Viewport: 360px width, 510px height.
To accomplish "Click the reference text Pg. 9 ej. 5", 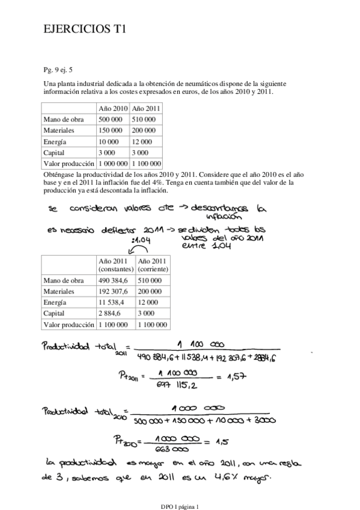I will click(x=61, y=70).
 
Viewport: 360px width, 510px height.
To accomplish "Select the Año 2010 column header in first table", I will click(x=112, y=108).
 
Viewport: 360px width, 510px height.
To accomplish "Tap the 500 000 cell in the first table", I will click(x=111, y=119).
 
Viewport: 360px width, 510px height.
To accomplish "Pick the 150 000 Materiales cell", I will click(x=111, y=130).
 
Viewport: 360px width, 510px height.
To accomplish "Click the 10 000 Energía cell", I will click(x=109, y=141).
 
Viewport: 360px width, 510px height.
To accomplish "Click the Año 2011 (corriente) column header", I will click(x=151, y=265).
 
